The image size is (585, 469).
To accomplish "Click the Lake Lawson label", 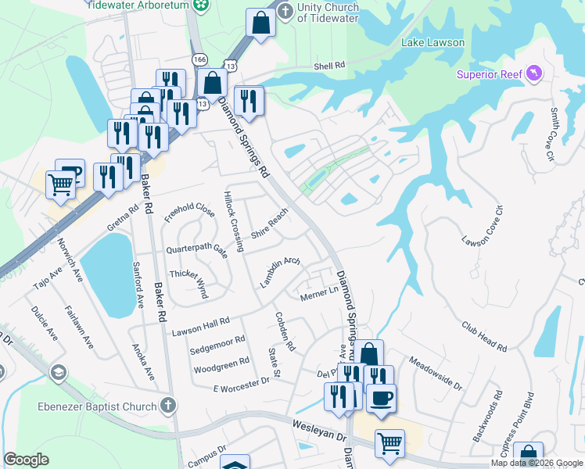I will (x=432, y=42).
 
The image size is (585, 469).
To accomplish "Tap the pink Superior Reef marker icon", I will (x=534, y=74).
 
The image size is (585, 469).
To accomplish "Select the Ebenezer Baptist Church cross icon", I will (x=167, y=406).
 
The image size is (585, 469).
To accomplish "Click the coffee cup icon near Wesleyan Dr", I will (x=381, y=398).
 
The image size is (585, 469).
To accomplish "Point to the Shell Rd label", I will (x=328, y=66).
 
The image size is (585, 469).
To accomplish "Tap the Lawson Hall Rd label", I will (x=201, y=326).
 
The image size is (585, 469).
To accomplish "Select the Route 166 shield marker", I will (x=199, y=59).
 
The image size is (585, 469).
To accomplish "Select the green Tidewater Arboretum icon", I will (x=201, y=5).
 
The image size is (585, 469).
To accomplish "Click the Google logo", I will (x=27, y=460).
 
